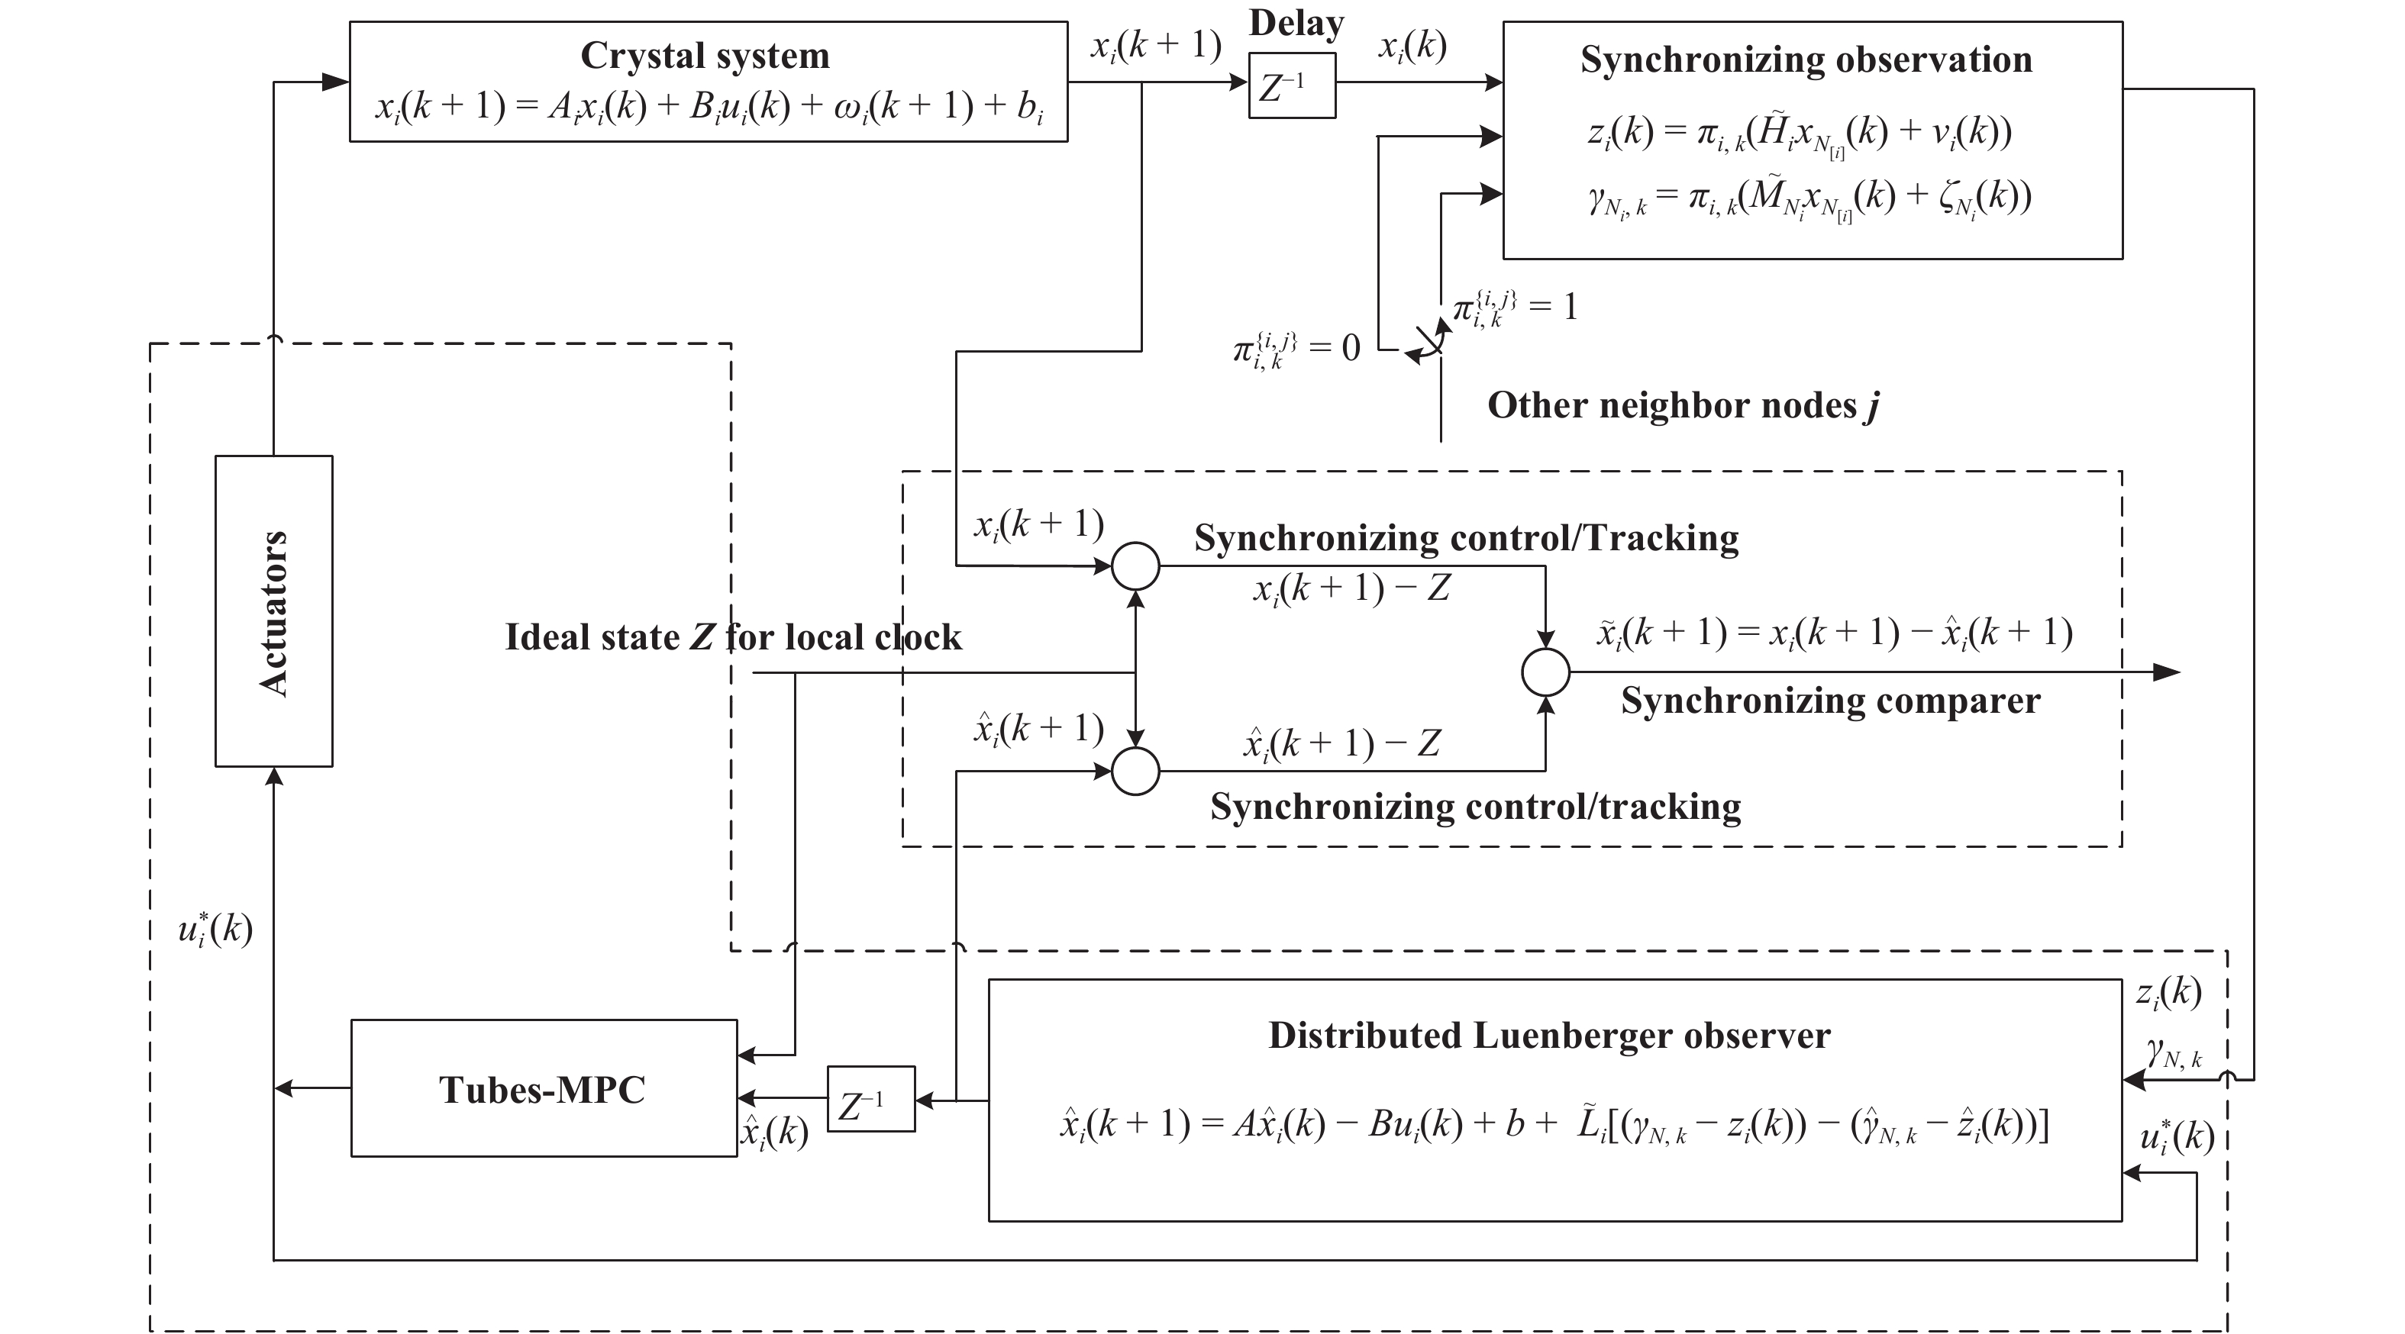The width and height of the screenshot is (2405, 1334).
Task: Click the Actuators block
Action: click(x=273, y=611)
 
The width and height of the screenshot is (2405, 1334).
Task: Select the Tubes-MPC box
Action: click(x=544, y=1088)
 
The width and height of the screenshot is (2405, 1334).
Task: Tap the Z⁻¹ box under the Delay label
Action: click(x=1292, y=86)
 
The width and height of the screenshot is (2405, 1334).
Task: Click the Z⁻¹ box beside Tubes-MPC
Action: click(x=871, y=1099)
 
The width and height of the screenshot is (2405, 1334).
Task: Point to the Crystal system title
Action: click(x=705, y=56)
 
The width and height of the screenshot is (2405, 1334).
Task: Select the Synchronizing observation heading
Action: click(x=1806, y=60)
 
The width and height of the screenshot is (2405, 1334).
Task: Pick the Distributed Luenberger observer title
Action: click(x=1549, y=1036)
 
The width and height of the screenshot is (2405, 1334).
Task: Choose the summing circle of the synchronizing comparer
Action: click(x=1545, y=672)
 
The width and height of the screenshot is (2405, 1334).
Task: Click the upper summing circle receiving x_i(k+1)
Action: click(x=1135, y=565)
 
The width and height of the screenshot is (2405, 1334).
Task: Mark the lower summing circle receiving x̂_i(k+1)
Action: click(x=1135, y=771)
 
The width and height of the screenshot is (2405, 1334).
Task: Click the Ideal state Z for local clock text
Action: click(x=733, y=637)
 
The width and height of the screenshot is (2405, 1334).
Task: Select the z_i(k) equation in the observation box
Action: click(x=1799, y=133)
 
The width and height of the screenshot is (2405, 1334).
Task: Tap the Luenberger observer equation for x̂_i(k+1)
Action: click(x=1554, y=1125)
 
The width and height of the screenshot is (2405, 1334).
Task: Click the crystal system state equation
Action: click(x=709, y=108)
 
